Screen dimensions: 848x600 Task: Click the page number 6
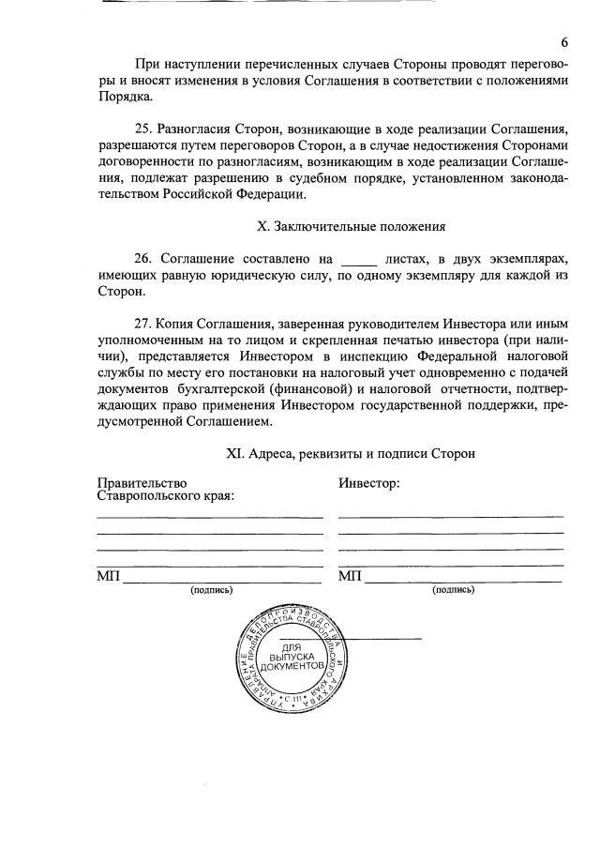click(564, 43)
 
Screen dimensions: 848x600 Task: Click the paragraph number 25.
click(145, 128)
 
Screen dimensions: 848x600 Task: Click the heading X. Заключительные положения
click(351, 225)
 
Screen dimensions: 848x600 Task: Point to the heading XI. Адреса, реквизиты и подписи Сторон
click(351, 453)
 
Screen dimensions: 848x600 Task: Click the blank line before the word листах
click(357, 259)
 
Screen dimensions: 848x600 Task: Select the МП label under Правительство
click(109, 575)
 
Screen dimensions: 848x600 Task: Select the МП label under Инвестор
click(350, 575)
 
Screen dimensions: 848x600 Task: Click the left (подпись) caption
click(211, 590)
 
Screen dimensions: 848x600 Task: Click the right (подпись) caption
click(453, 590)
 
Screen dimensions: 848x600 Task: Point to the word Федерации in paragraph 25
click(272, 194)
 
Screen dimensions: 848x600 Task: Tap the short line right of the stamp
click(385, 639)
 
